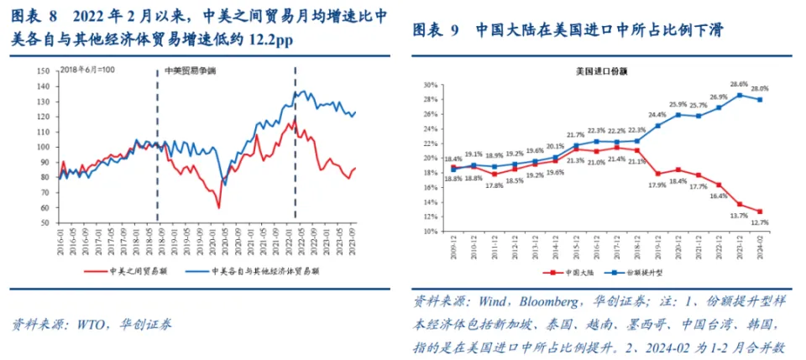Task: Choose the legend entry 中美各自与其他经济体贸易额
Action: (x=265, y=271)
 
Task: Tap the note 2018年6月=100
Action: (x=86, y=72)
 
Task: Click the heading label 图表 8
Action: (x=34, y=17)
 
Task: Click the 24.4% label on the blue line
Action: (x=657, y=114)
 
